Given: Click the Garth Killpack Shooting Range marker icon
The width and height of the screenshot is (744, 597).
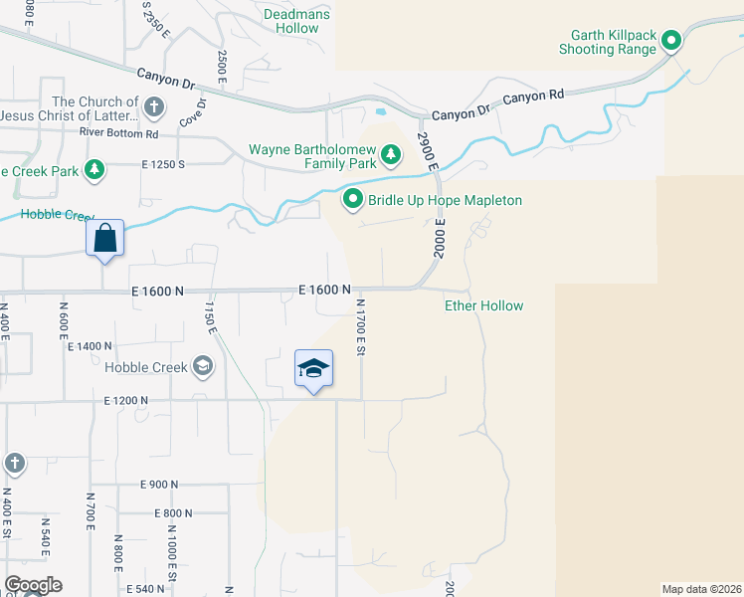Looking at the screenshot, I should point(671,41).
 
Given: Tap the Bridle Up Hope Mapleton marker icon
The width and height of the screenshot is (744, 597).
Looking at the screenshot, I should point(352,200).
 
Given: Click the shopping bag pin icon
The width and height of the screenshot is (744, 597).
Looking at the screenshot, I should point(105,238).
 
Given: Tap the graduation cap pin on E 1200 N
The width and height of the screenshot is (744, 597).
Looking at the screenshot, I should point(313,368).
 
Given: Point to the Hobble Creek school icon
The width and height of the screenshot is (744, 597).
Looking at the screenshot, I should point(204,367).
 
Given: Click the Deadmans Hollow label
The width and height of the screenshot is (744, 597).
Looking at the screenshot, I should point(291,21).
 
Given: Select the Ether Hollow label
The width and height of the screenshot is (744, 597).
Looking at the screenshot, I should point(483,305).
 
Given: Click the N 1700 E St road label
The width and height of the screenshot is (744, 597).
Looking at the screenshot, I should point(361,328).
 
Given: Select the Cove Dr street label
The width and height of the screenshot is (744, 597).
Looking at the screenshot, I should point(193,111).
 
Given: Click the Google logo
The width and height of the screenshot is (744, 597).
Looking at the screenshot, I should point(33,585).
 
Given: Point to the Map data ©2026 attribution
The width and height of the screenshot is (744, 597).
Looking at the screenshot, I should point(702,589).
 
